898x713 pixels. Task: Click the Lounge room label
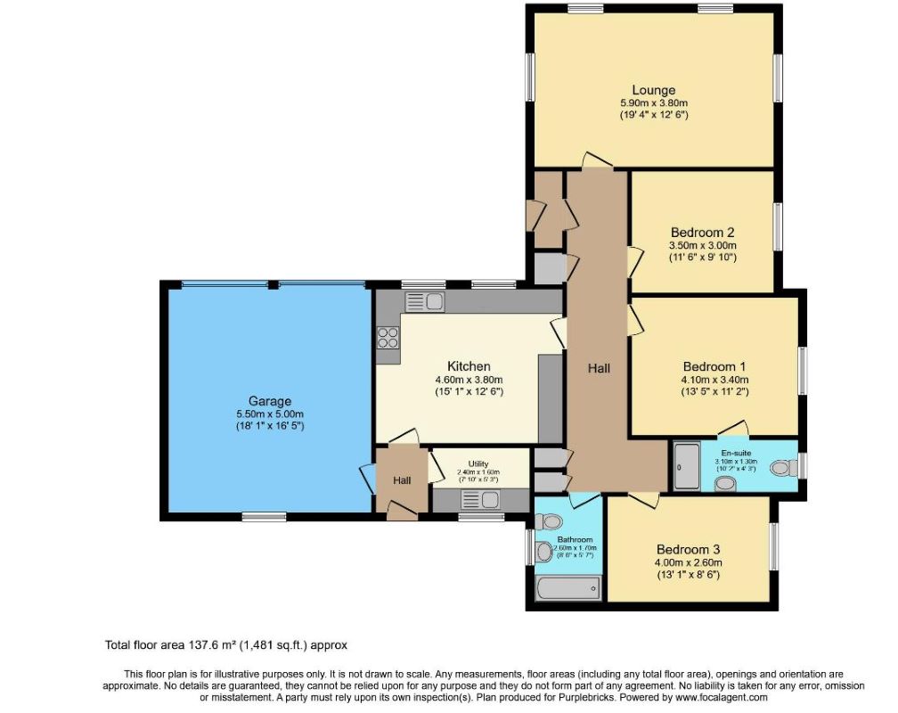click(653, 90)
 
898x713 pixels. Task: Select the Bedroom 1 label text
click(714, 366)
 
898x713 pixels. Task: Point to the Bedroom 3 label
click(689, 549)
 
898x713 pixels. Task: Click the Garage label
click(269, 401)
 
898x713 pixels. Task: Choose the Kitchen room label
click(469, 366)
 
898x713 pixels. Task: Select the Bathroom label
click(575, 540)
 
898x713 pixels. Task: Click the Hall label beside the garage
click(403, 480)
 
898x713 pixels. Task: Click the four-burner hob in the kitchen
click(388, 337)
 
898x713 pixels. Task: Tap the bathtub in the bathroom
click(568, 588)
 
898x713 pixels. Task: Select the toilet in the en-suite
click(784, 466)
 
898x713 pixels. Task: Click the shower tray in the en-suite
click(686, 466)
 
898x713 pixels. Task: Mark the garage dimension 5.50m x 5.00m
click(269, 414)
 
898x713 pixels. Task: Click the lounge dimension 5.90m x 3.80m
click(653, 103)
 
